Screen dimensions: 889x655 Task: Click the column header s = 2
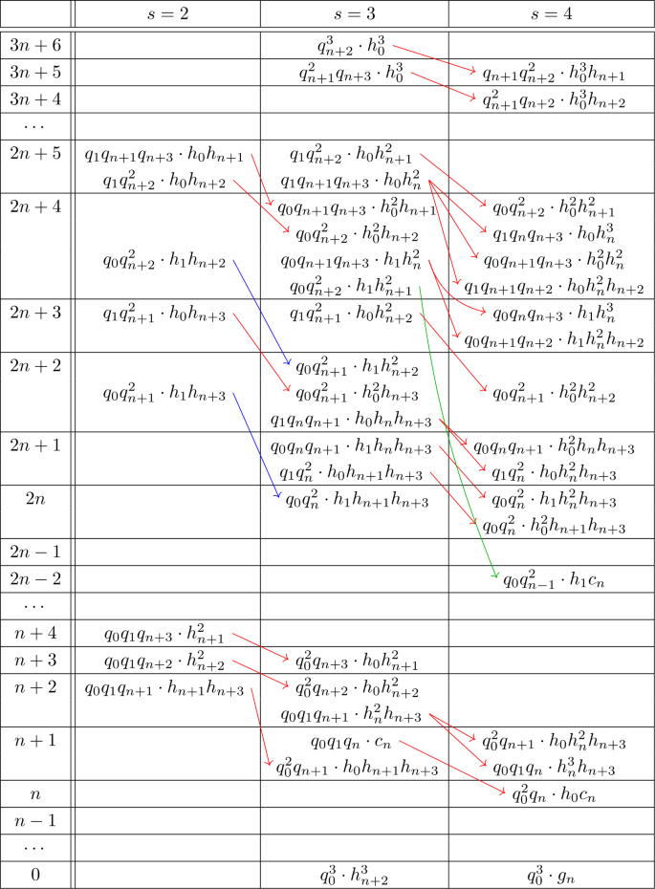click(x=167, y=13)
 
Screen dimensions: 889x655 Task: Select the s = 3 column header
click(x=354, y=13)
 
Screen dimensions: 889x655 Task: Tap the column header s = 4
click(x=553, y=13)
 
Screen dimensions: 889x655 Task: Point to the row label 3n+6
click(x=35, y=45)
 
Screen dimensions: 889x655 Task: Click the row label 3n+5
click(x=35, y=72)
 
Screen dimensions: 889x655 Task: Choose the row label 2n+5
click(x=35, y=153)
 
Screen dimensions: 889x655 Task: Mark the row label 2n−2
click(x=35, y=578)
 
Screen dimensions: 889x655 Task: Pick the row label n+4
click(x=35, y=633)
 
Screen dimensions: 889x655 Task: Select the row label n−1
click(x=35, y=820)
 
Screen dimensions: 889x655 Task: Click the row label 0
click(x=35, y=874)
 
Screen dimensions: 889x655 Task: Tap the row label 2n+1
click(x=35, y=444)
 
